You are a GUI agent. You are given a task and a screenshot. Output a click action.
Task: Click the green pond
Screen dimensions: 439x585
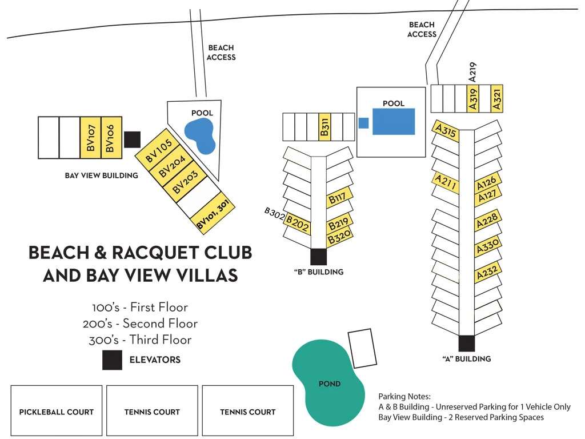click(327, 382)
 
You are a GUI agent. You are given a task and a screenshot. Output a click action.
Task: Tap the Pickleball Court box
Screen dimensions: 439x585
click(57, 411)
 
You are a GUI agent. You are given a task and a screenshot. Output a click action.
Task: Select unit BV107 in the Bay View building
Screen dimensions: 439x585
click(90, 138)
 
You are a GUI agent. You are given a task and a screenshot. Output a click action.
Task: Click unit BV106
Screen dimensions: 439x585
click(111, 138)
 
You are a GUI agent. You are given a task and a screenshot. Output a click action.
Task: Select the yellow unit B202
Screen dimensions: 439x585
click(298, 224)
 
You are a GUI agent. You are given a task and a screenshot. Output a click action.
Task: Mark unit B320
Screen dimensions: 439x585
click(339, 236)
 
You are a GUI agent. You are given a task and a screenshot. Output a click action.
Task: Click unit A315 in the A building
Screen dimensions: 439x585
click(446, 131)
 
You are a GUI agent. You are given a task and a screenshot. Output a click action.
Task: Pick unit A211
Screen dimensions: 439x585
click(445, 183)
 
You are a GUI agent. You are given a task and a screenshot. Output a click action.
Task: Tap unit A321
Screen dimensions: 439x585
click(497, 98)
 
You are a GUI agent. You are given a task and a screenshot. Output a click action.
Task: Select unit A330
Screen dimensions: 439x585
click(488, 247)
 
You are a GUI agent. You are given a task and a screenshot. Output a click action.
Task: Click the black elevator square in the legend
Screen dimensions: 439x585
click(112, 360)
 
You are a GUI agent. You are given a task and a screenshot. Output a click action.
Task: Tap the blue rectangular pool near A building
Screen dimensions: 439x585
click(394, 122)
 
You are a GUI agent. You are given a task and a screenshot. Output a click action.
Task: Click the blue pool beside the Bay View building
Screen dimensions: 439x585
click(200, 135)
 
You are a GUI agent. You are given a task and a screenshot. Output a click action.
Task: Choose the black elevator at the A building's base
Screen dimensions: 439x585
click(467, 343)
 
